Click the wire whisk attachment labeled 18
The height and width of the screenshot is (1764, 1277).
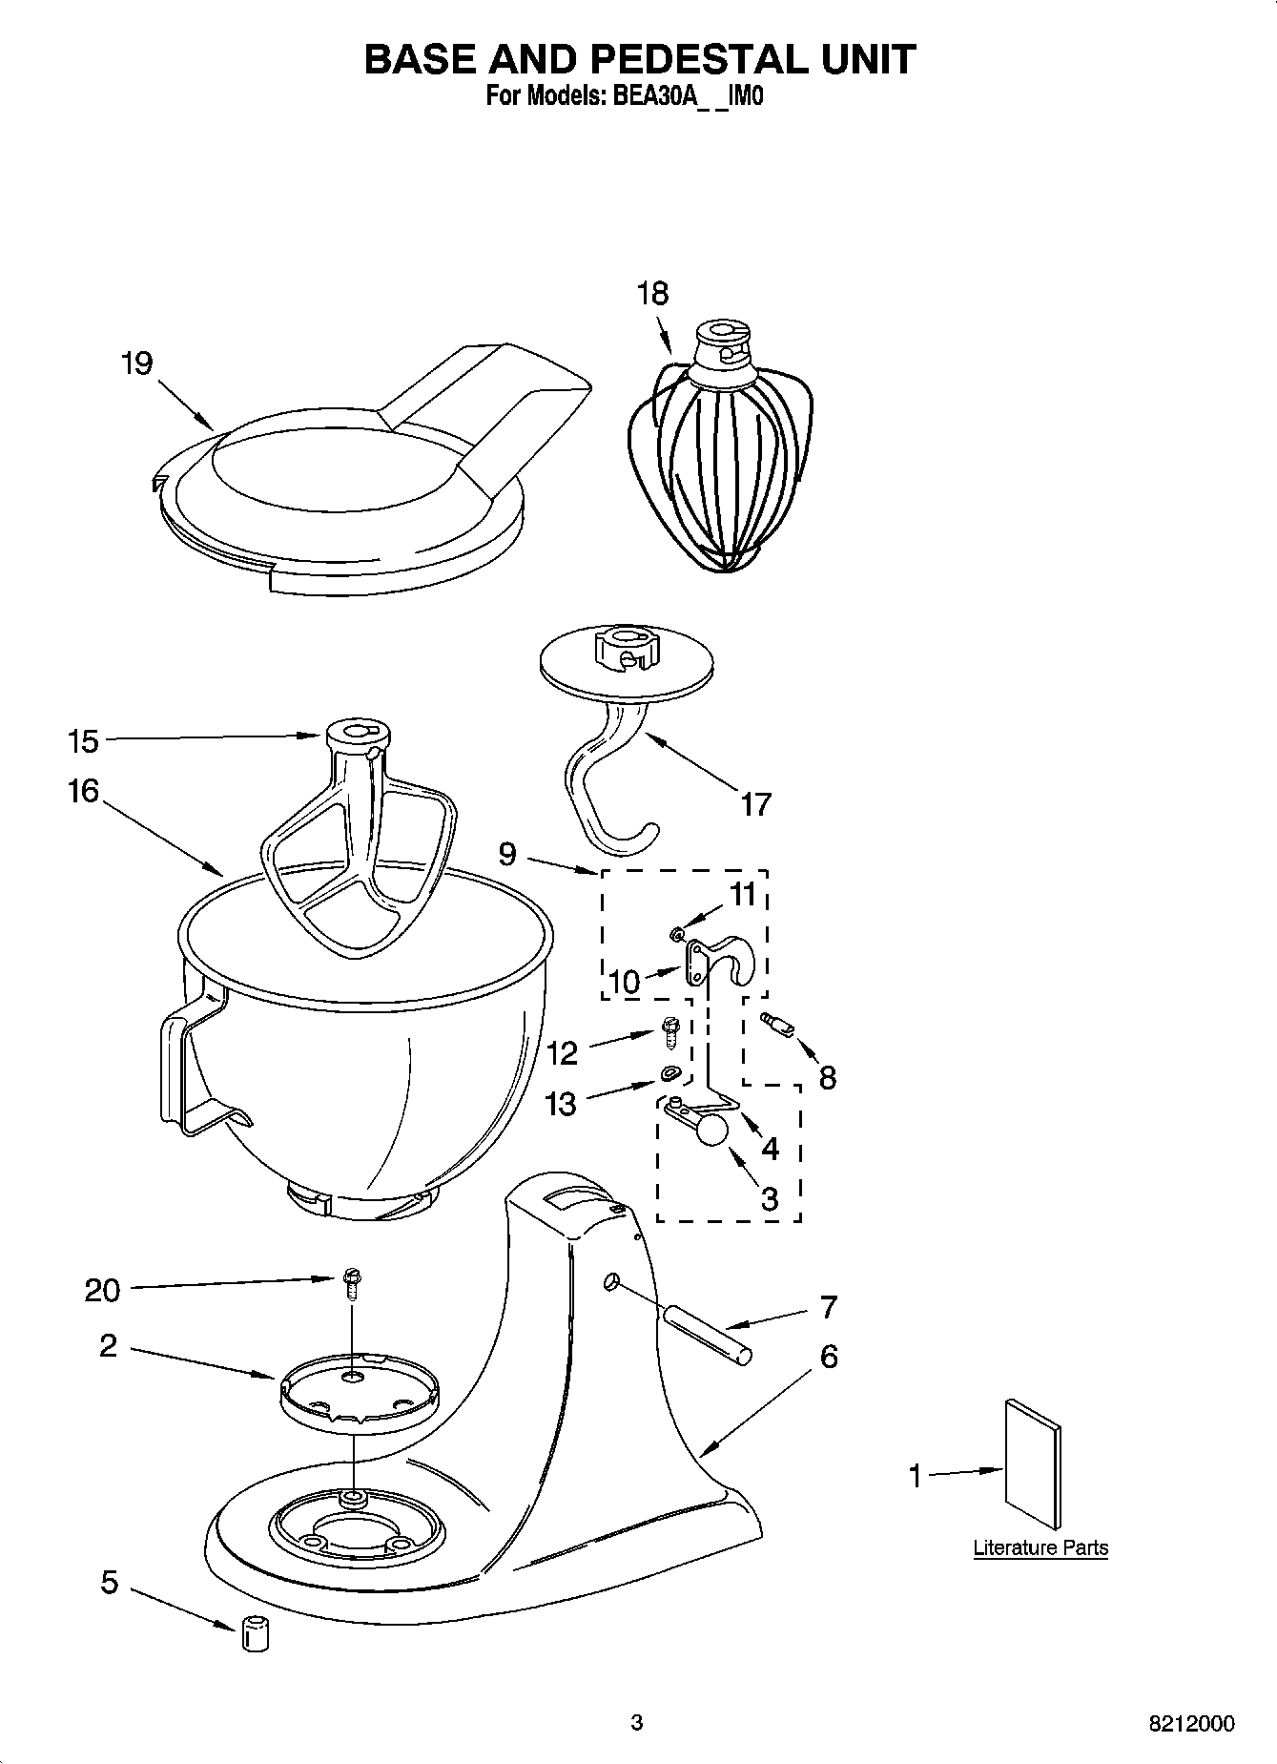[x=720, y=458]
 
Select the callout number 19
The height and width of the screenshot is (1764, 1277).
[x=136, y=363]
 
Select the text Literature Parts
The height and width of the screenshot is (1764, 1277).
[x=1040, y=1547]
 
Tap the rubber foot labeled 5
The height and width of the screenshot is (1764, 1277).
[x=253, y=1632]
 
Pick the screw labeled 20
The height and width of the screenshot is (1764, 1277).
[x=353, y=1283]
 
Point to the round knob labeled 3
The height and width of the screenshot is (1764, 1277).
[x=711, y=1131]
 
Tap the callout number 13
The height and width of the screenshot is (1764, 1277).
[x=561, y=1105]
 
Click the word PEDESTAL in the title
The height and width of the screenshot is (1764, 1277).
[x=698, y=59]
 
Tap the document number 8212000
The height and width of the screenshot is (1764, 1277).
[x=1190, y=1724]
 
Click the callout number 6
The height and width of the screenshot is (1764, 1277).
[x=829, y=1357]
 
